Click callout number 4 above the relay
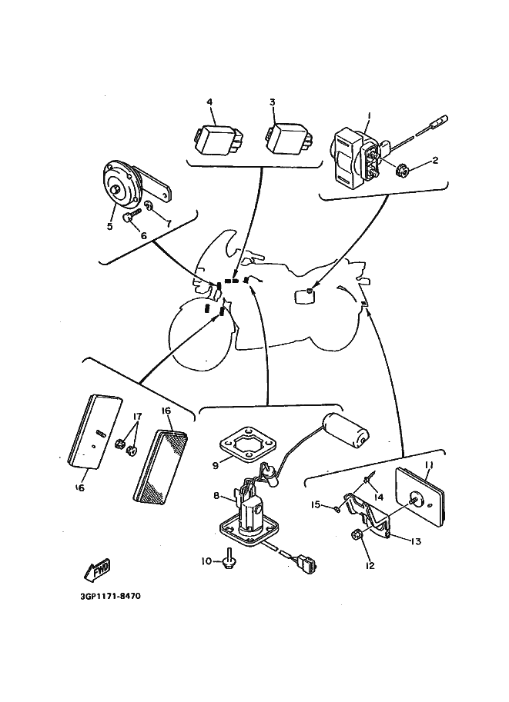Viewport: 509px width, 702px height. [209, 101]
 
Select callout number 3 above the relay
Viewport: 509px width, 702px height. [273, 101]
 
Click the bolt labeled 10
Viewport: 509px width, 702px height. [229, 564]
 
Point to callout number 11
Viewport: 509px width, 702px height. [430, 465]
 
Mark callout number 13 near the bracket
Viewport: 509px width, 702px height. [416, 541]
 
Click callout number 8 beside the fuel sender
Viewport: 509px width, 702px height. [218, 497]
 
